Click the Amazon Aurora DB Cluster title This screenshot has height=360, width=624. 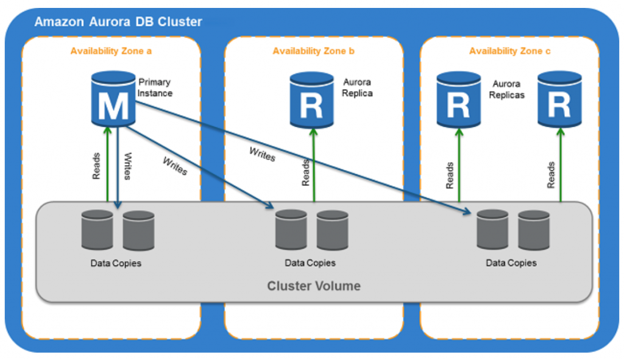[x=118, y=22]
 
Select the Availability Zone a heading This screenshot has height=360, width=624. [x=111, y=51]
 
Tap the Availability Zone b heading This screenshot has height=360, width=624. [x=313, y=51]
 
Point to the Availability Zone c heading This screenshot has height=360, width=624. [x=509, y=51]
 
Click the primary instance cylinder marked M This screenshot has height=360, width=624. [x=113, y=99]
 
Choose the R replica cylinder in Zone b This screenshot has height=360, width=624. [x=311, y=100]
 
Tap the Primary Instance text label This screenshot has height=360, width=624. [x=155, y=88]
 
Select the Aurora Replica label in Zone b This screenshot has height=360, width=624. [x=357, y=88]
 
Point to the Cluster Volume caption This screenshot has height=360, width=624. [x=314, y=286]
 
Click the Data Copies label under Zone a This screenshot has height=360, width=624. [x=116, y=263]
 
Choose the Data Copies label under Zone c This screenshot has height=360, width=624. [x=511, y=263]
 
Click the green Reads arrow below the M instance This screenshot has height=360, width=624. [x=107, y=164]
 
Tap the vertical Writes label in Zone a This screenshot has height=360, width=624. [x=127, y=166]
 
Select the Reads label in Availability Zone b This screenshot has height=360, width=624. [x=305, y=173]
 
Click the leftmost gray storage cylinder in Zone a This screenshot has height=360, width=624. [x=97, y=229]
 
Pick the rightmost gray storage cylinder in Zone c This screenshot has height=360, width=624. [x=534, y=230]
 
